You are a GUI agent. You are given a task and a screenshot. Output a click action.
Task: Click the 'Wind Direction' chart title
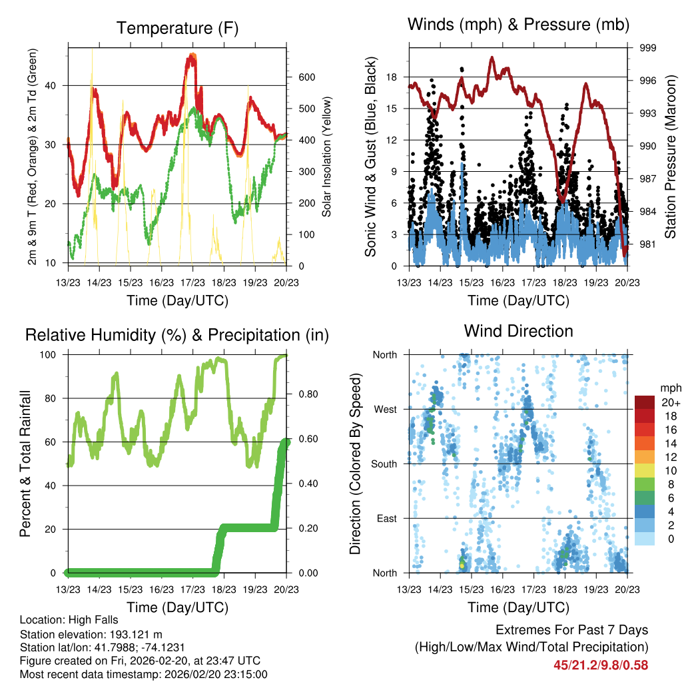518,331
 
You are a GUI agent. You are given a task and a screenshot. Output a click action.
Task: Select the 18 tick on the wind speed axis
392,77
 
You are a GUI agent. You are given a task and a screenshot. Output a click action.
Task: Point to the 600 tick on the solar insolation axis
305,77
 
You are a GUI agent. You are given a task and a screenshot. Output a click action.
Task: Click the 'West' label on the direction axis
385,409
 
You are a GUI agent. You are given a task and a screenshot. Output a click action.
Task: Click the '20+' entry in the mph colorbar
669,402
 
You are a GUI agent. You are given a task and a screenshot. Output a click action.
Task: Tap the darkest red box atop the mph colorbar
644,402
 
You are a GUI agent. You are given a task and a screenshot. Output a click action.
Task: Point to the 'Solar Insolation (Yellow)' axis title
327,157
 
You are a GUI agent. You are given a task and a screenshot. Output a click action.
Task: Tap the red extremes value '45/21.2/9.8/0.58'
600,665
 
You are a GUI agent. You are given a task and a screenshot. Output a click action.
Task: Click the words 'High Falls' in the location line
79,619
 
